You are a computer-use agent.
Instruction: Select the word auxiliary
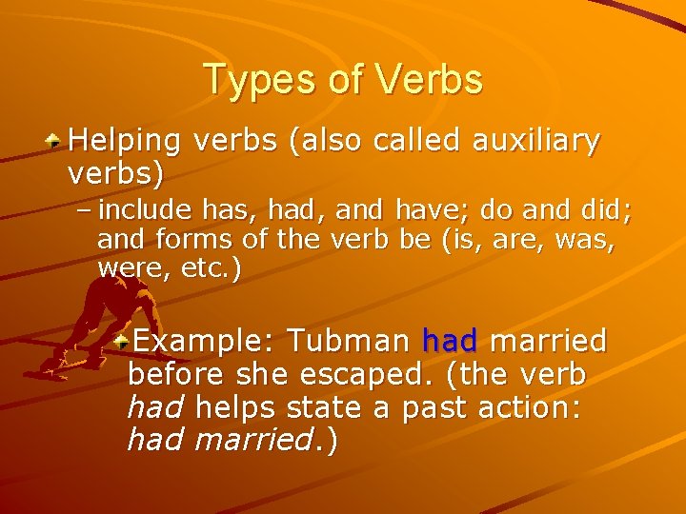tap(537, 141)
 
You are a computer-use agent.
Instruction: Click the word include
tap(142, 208)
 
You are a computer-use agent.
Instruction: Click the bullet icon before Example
tap(119, 339)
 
